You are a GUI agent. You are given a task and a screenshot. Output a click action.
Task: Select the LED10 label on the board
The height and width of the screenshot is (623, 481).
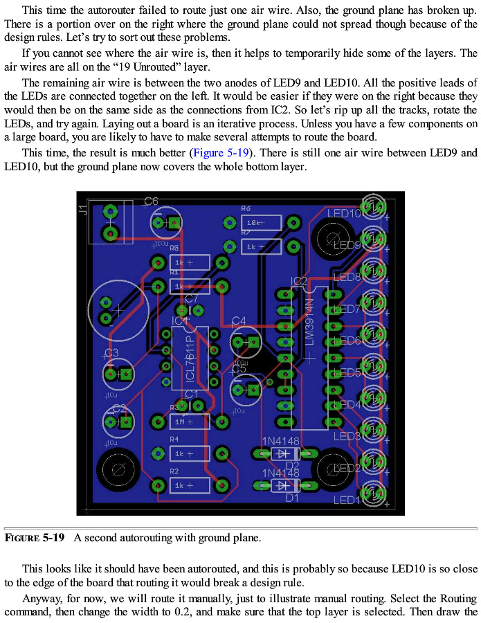(344, 213)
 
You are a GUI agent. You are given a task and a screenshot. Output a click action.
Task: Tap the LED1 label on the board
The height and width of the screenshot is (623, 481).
(347, 500)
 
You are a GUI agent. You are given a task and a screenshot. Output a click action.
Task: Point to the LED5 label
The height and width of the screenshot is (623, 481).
(347, 372)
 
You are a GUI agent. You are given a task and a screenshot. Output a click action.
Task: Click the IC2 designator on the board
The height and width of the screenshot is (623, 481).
(299, 281)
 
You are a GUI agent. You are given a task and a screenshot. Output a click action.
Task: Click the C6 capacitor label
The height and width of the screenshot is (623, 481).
(151, 201)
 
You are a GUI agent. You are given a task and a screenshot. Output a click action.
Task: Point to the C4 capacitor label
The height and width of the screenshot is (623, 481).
(239, 320)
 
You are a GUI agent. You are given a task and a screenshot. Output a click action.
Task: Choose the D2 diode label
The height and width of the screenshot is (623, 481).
(292, 465)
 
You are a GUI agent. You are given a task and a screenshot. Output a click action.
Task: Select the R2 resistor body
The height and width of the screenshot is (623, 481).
(189, 485)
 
